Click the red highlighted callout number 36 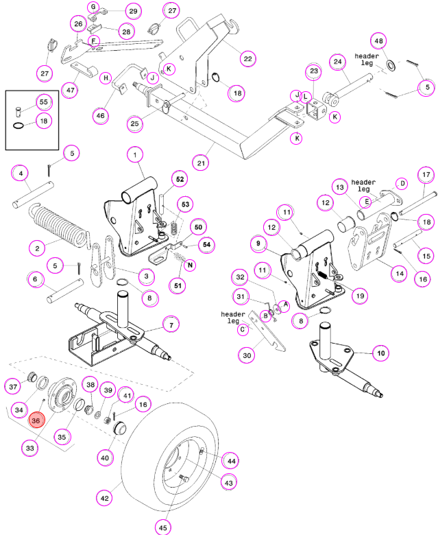(36, 420)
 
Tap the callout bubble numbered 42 (105, 498)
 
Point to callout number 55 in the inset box (44, 102)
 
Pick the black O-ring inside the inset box (19, 126)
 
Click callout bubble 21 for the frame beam (201, 163)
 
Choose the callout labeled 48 (378, 41)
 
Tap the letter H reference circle (106, 78)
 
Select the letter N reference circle (190, 265)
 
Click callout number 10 (380, 353)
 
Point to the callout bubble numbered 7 (171, 325)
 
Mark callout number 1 (135, 155)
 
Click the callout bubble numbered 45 (163, 527)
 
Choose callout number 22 (248, 59)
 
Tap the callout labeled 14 (400, 273)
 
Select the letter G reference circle (93, 7)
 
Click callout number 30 (247, 355)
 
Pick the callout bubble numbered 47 (70, 90)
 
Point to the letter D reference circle (402, 184)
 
